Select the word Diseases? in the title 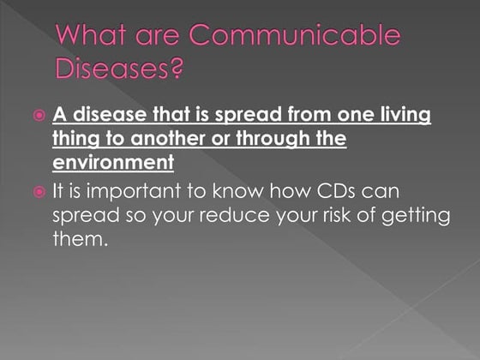point(120,68)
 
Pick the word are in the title point(165,37)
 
